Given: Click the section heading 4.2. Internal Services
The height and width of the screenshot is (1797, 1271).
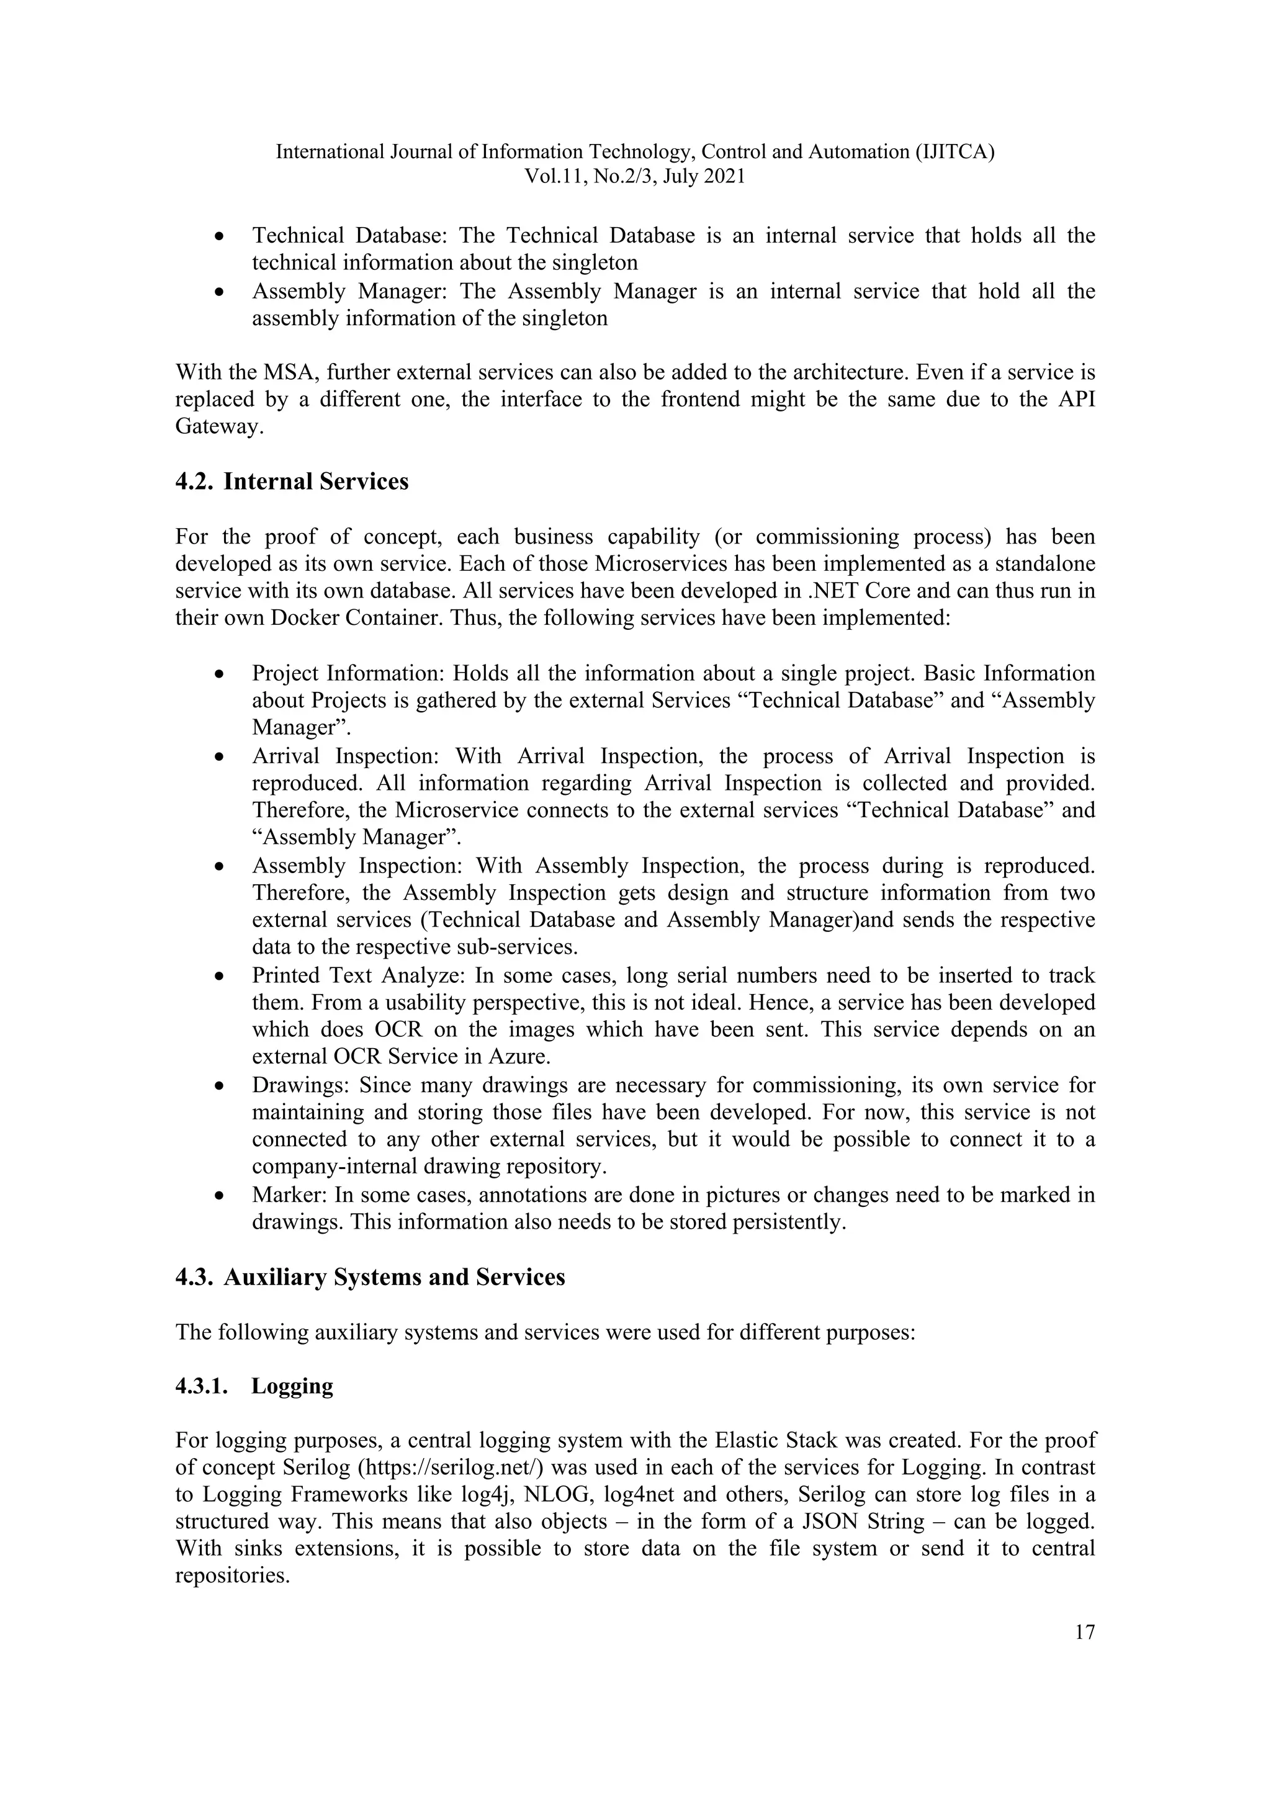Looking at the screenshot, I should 292,482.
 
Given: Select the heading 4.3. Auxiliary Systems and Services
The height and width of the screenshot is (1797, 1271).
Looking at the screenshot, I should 370,1276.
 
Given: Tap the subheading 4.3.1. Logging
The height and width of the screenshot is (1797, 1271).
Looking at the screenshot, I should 254,1386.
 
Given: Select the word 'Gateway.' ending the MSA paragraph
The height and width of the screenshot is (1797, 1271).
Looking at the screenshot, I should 217,428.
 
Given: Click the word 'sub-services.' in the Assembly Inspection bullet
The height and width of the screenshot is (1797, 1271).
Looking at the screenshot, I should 528,947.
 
